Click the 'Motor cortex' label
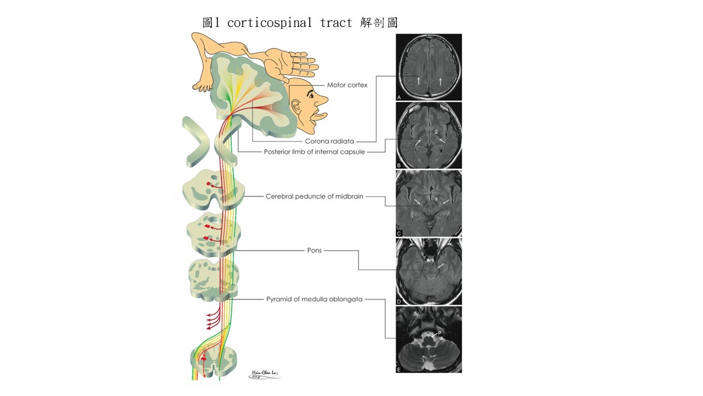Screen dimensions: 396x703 point(347,85)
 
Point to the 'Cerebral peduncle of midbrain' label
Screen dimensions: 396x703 point(314,196)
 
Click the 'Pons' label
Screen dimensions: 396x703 point(314,250)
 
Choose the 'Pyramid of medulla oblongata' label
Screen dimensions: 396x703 point(314,300)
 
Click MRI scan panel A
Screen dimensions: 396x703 point(428,67)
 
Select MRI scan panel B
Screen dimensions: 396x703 point(428,135)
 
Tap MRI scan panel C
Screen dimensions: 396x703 point(428,204)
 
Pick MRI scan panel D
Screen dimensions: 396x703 point(428,272)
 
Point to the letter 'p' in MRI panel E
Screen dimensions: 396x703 point(440,332)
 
